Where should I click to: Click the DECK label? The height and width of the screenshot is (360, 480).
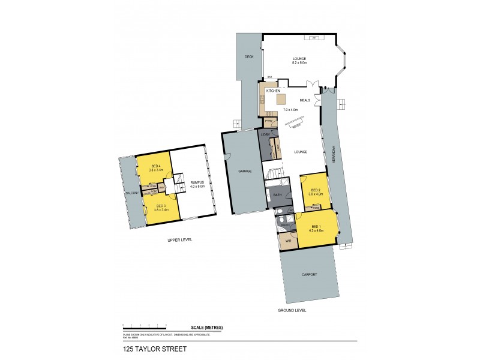249,57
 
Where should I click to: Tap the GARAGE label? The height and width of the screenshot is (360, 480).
245,171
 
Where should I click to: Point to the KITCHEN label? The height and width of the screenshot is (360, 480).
274,91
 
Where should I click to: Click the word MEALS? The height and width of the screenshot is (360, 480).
305,100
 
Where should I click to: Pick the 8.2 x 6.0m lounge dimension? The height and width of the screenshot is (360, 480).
299,62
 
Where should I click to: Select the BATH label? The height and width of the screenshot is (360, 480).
277,195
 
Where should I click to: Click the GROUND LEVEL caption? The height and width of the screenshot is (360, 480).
292,310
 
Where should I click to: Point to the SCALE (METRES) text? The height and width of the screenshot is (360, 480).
207,327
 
